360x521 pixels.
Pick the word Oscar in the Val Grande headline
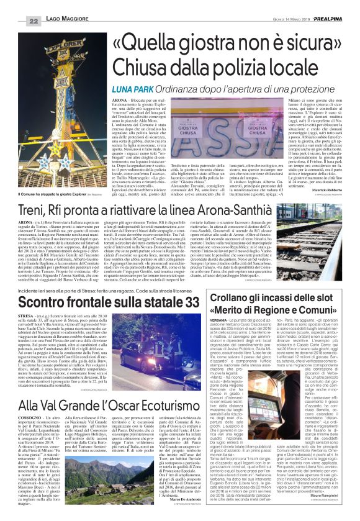(131, 423)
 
